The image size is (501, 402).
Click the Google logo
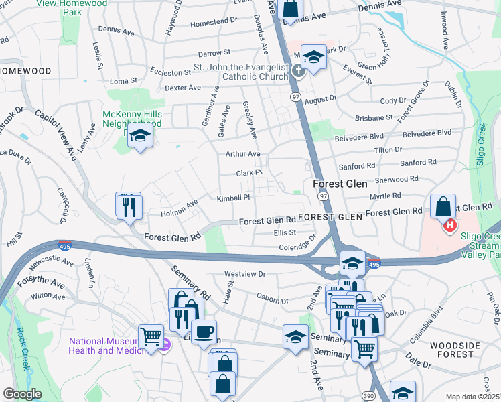22,394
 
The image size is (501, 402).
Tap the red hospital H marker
450,226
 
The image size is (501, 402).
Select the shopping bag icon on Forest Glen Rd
443,208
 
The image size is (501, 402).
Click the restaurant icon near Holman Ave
129,206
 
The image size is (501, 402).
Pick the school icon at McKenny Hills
140,136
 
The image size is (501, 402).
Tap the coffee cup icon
204,332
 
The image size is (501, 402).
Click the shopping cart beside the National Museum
151,336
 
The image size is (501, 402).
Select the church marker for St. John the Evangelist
297,72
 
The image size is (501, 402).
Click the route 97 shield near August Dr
295,97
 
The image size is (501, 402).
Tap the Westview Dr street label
245,274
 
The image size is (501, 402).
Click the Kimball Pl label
233,198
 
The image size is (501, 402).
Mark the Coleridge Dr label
297,247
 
